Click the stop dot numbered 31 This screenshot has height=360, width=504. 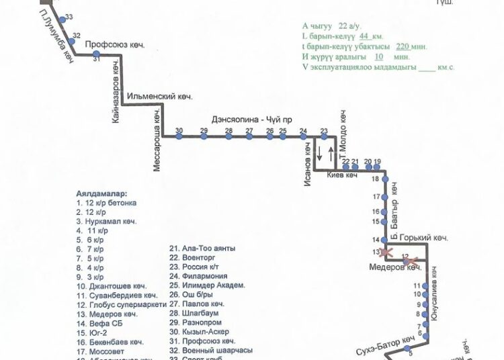[x=97, y=54]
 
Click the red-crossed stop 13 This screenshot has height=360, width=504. [x=386, y=253]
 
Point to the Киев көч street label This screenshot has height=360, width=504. [x=342, y=176]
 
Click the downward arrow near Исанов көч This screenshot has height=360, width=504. [x=319, y=153]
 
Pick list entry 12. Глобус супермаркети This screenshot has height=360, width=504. [x=122, y=305]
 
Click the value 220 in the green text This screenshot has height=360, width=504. [x=403, y=47]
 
